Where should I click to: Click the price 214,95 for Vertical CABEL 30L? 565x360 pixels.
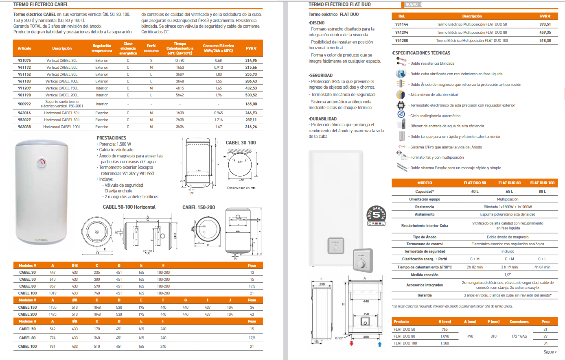coord(251,61)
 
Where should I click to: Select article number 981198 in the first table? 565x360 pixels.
coord(24,95)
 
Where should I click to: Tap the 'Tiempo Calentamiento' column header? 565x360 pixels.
coord(180,48)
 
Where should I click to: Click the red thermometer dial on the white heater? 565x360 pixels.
coord(42,163)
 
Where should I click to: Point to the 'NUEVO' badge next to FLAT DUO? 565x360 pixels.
coord(412,4)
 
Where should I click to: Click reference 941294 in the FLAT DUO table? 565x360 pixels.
coord(401,33)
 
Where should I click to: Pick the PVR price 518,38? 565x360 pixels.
coord(545,41)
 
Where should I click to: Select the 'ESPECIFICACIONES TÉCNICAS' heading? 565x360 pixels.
coord(421,53)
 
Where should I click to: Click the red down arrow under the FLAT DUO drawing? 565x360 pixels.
coord(352,344)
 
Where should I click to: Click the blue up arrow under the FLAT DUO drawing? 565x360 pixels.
coord(379,344)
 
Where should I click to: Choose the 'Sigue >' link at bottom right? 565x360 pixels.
coord(550,352)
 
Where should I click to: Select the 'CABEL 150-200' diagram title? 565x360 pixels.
coord(199,207)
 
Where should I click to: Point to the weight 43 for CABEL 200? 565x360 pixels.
coord(252,314)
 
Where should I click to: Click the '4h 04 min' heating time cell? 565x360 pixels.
coord(542,267)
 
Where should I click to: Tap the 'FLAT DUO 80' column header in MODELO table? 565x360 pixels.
coord(509,183)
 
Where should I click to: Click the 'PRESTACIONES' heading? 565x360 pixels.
coord(112,138)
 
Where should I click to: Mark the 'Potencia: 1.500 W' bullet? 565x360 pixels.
coord(115,144)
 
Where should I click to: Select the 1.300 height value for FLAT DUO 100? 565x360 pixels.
coord(445,343)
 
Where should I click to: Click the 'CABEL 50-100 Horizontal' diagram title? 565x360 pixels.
coord(129,207)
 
